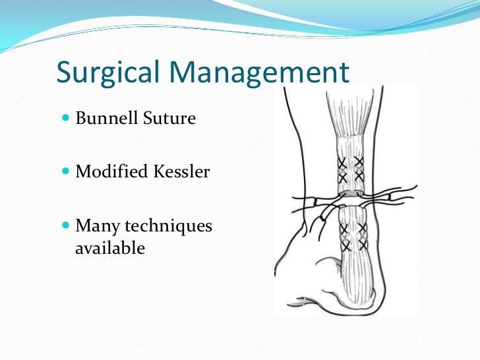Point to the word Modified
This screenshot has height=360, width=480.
click(111, 173)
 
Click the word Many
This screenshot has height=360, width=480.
click(97, 226)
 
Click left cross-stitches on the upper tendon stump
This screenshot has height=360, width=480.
click(342, 170)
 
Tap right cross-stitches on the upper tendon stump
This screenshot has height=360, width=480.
click(359, 170)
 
